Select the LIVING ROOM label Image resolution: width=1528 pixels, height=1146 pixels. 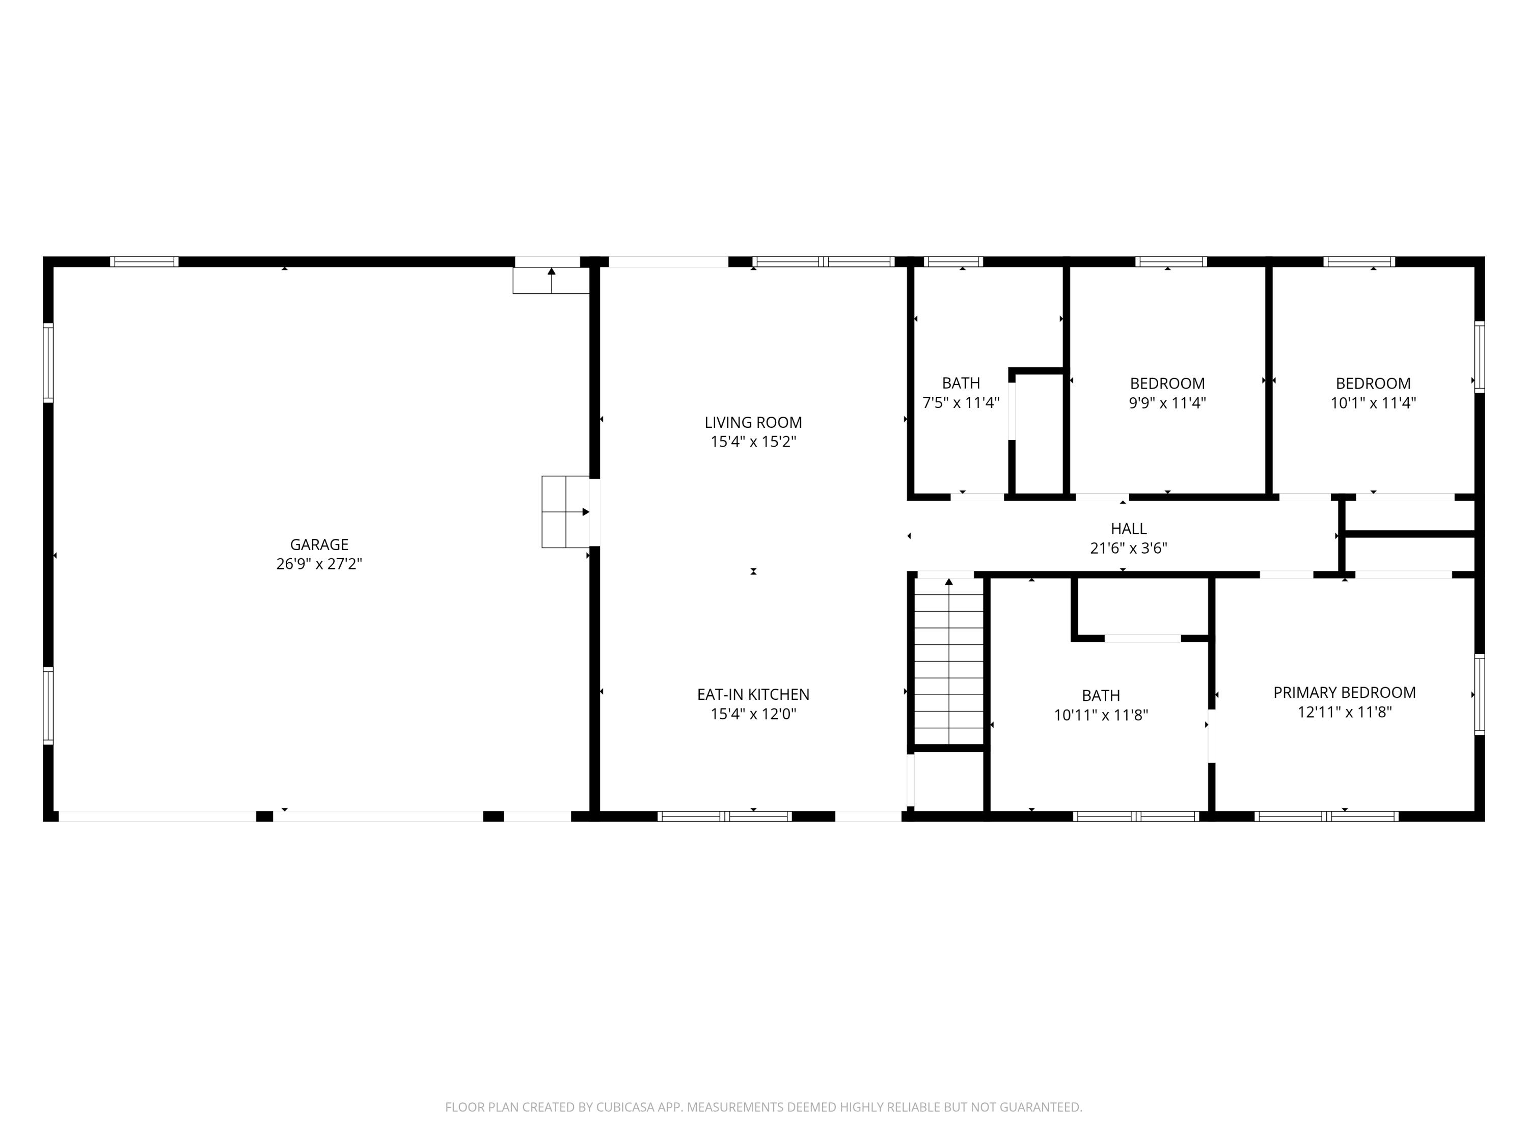click(x=753, y=422)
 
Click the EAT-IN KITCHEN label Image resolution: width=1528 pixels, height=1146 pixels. click(x=753, y=694)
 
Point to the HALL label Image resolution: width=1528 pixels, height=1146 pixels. click(x=1128, y=529)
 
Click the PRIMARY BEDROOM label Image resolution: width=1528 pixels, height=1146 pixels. click(x=1344, y=692)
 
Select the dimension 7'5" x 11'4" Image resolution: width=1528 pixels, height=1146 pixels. click(x=961, y=403)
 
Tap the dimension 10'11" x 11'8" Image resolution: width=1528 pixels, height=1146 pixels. click(x=1100, y=715)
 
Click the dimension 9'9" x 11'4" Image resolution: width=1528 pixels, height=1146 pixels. click(x=1167, y=403)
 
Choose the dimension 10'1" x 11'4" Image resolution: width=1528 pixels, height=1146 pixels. click(x=1373, y=403)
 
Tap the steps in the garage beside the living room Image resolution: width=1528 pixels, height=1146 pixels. click(x=565, y=512)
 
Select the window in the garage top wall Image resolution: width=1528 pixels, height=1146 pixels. click(x=144, y=262)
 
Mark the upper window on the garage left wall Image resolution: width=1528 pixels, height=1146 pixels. click(x=48, y=362)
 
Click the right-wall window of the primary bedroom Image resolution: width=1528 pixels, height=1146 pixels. click(x=1479, y=694)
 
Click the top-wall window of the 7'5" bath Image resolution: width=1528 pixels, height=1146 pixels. click(x=953, y=262)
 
